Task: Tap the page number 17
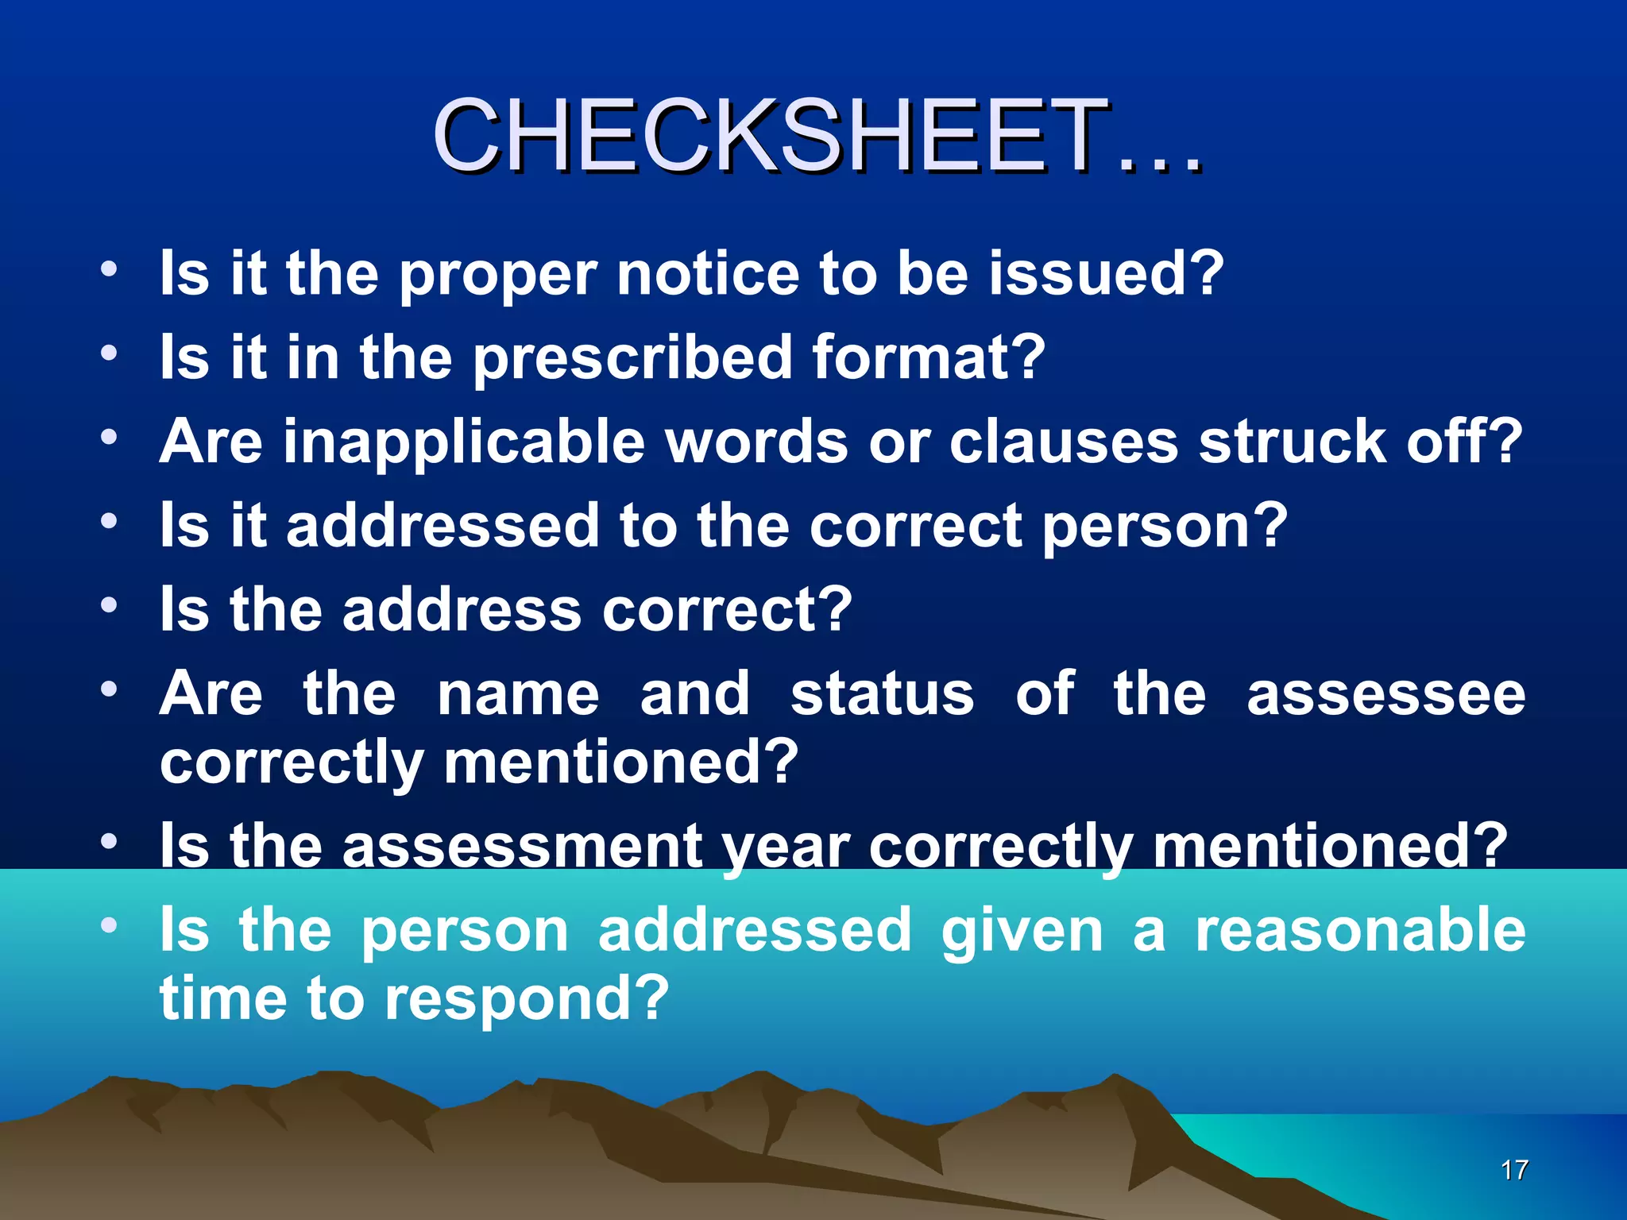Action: coord(1514,1169)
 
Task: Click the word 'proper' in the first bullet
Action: coord(497,275)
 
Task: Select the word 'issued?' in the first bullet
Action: coord(1105,273)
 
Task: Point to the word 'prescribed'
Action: coord(632,358)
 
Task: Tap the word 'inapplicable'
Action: coord(464,442)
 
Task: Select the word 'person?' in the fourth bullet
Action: coord(1164,527)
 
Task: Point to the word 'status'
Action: coord(882,694)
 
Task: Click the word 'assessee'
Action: coord(1385,694)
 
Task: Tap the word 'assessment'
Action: coord(522,846)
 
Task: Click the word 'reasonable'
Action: coord(1360,930)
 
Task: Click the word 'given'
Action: coord(1022,932)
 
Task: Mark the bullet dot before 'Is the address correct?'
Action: coord(110,605)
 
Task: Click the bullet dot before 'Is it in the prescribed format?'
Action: coord(110,352)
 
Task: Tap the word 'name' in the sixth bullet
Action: coord(518,694)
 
